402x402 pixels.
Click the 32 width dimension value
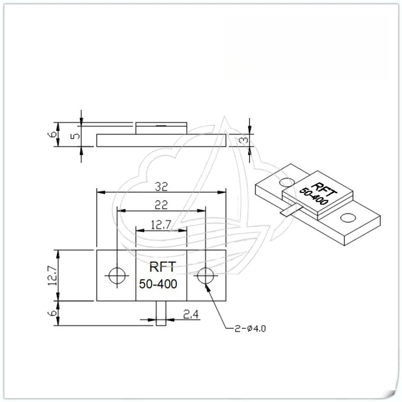(161, 186)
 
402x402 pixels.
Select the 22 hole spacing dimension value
(161, 205)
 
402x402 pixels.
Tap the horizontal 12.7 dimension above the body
(161, 225)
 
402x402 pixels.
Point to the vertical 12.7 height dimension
(52, 275)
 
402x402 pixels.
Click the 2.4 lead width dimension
(191, 314)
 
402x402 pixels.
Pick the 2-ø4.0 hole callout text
(250, 329)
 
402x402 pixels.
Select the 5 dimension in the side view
(75, 136)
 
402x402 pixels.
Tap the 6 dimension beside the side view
(52, 134)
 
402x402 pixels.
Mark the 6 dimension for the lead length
(52, 313)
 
